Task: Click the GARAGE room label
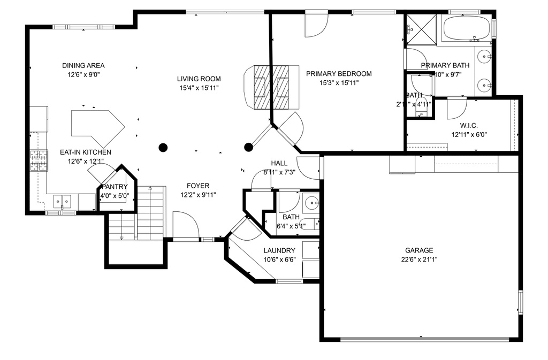419,250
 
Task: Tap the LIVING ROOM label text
199,79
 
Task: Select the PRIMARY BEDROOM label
338,74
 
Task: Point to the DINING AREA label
83,65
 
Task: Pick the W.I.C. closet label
468,125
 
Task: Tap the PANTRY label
114,187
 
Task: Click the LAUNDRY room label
279,250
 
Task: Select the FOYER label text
198,186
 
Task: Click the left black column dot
163,147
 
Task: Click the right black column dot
248,147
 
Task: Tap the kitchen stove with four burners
38,160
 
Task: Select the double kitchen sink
63,202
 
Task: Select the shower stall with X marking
420,29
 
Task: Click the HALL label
279,163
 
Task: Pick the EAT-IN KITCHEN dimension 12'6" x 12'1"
85,161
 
